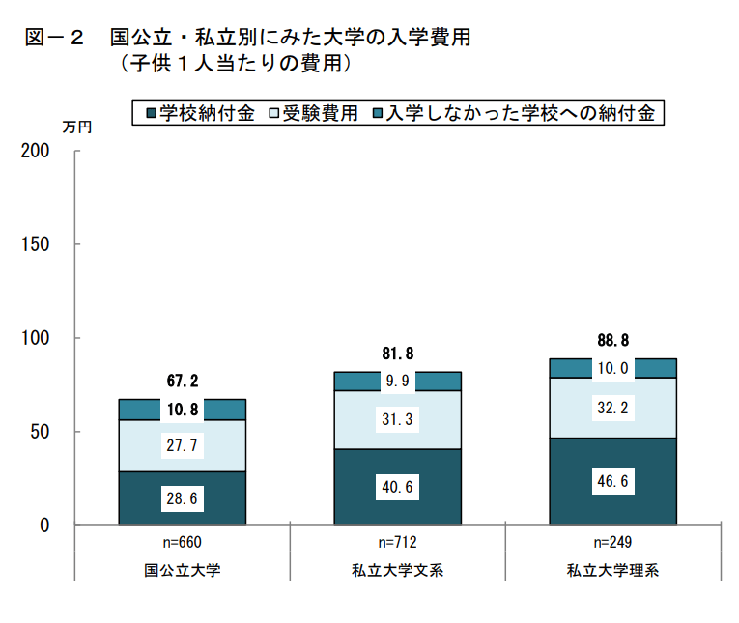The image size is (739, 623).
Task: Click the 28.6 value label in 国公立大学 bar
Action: pyautogui.click(x=183, y=498)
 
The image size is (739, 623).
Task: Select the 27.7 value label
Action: pyautogui.click(x=183, y=446)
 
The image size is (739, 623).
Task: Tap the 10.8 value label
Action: pyautogui.click(x=183, y=410)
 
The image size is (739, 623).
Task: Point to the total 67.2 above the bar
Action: pyautogui.click(x=183, y=382)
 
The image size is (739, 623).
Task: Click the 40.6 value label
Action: pyautogui.click(x=397, y=488)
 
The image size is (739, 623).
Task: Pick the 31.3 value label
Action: pyautogui.click(x=397, y=418)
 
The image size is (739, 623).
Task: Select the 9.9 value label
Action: pyautogui.click(x=397, y=381)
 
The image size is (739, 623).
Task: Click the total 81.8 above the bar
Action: pyautogui.click(x=397, y=354)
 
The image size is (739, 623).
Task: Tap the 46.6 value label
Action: pyautogui.click(x=612, y=480)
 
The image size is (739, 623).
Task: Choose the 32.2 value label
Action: pyautogui.click(x=612, y=409)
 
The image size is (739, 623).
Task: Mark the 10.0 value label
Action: pyautogui.click(x=612, y=368)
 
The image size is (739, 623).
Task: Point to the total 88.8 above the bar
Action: pyautogui.click(x=612, y=340)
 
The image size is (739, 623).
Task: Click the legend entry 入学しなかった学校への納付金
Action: pyautogui.click(x=514, y=113)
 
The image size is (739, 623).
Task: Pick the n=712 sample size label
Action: pyautogui.click(x=397, y=541)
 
